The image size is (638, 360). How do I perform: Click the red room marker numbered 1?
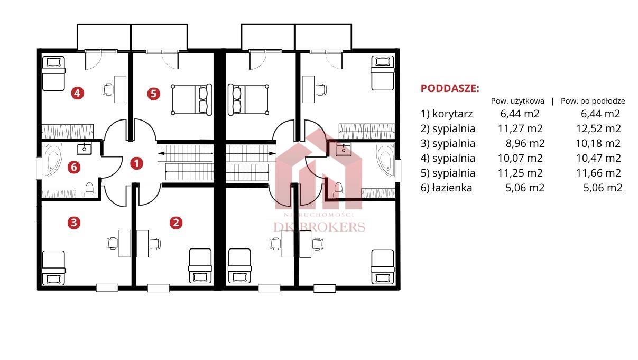tap(136, 163)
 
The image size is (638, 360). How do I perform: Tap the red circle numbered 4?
tap(78, 93)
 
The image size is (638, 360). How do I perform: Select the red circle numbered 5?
tap(153, 94)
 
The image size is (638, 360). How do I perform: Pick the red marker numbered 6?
tap(74, 167)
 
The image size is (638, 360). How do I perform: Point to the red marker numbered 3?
tap(74, 223)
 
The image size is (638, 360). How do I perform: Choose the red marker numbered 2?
tap(176, 223)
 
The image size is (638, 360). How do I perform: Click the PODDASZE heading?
tap(450, 89)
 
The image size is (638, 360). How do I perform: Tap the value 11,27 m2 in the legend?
tap(520, 129)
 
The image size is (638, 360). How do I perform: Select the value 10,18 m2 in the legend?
tap(598, 143)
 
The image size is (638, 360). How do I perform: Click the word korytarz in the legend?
tap(452, 114)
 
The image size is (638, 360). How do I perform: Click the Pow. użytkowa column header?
tap(517, 101)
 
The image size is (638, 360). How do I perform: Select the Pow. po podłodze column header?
tap(593, 101)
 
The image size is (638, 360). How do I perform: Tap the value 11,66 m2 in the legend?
tap(598, 173)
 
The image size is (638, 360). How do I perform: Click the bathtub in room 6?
tap(53, 161)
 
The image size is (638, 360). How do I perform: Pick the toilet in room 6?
tap(89, 190)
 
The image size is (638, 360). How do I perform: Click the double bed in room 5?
tap(191, 99)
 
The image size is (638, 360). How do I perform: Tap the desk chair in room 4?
tap(108, 89)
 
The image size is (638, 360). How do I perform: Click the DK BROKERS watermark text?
tap(319, 227)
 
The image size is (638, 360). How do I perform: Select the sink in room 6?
tap(84, 149)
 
